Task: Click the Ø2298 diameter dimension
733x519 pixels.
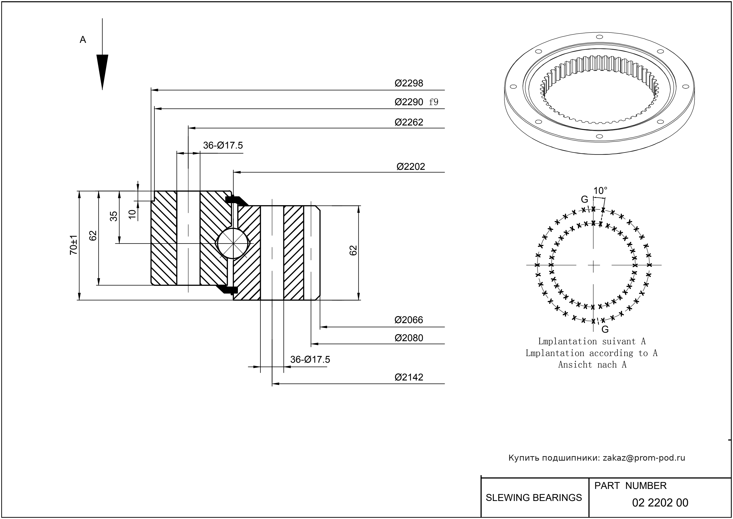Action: (409, 83)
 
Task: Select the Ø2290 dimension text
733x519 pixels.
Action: (409, 102)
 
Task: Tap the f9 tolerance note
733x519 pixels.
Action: (433, 102)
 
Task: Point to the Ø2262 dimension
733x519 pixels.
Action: (409, 122)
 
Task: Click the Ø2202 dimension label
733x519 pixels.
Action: (411, 167)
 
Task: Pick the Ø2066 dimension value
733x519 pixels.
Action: (409, 320)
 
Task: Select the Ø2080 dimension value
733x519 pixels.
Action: (409, 338)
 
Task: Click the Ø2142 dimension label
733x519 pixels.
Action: (409, 377)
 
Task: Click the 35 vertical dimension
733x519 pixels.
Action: (114, 216)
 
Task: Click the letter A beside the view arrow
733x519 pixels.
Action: (83, 40)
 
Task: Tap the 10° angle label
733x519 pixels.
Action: (600, 191)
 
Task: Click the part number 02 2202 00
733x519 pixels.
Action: (660, 503)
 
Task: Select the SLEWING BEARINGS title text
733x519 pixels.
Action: (534, 498)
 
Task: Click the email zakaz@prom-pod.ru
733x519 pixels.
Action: (644, 458)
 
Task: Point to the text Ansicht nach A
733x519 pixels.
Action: (592, 365)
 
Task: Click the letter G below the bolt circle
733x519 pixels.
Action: (605, 329)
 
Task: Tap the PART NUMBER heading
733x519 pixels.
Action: (630, 486)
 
